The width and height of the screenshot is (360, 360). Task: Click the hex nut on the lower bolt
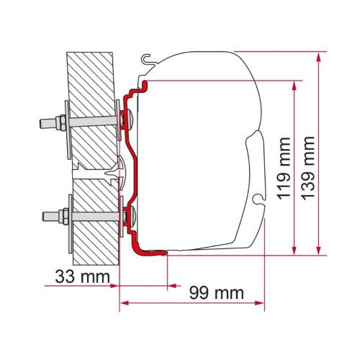[x=63, y=214]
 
